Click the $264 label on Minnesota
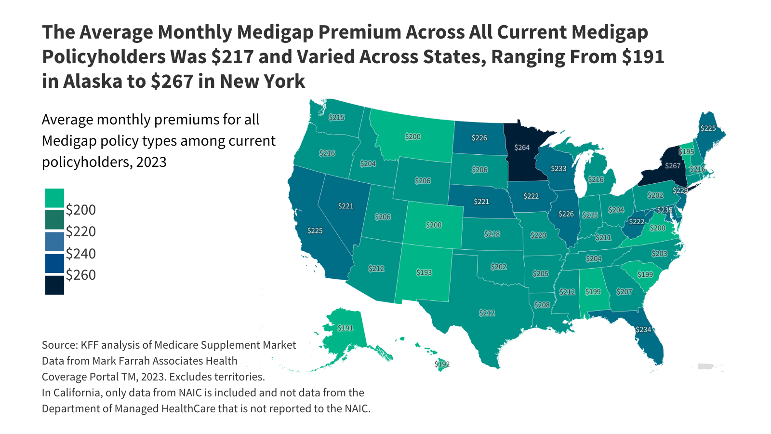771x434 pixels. [x=522, y=148]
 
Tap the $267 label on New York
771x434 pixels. [x=673, y=166]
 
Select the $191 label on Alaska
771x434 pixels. [x=345, y=328]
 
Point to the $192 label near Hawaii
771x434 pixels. [x=442, y=364]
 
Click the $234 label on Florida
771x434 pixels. [x=643, y=329]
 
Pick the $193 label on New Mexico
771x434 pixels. [x=424, y=272]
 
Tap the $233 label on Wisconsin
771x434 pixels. [x=558, y=168]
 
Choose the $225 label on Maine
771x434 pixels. [x=708, y=128]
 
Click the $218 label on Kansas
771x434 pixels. [x=492, y=234]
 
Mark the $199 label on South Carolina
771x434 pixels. [x=645, y=274]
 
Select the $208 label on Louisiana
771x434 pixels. [x=542, y=305]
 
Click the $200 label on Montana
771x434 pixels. [x=412, y=136]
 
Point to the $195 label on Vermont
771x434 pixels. [x=687, y=151]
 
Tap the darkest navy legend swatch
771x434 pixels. [x=54, y=285]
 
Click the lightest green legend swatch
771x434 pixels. [x=54, y=198]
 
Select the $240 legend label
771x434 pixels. [x=81, y=253]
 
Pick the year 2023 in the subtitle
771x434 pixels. [x=151, y=162]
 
